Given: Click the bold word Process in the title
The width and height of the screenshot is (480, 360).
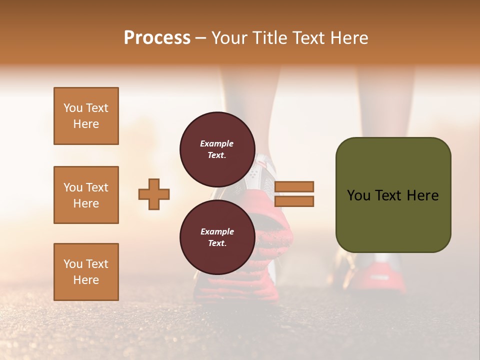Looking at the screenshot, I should point(157,38).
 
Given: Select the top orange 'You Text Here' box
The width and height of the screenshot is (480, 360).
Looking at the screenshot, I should point(86,116).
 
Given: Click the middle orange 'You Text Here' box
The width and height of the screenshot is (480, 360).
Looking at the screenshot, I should point(86,195).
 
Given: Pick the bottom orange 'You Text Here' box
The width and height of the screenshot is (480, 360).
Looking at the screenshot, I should point(86,272).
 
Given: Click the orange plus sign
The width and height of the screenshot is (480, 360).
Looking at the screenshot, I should point(154,193).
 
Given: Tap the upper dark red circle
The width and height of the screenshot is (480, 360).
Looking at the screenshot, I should point(217,146).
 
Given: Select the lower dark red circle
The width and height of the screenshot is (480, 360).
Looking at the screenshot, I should point(217,234).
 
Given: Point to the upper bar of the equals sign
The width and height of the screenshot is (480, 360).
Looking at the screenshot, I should point(294,186).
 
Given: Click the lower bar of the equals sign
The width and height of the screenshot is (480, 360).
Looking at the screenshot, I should point(294,201).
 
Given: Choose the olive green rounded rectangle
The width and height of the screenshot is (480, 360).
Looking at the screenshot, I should point(393,195).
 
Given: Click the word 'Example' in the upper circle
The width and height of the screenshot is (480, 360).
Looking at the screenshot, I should point(217,143).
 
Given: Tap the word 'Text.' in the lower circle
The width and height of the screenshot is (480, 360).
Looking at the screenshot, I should point(217,243).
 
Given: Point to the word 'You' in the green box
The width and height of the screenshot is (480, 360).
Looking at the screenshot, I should point(358,195).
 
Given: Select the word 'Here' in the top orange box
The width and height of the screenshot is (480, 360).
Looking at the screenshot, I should point(86,124).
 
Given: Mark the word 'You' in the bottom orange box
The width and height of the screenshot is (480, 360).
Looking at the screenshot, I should point(73,264).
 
